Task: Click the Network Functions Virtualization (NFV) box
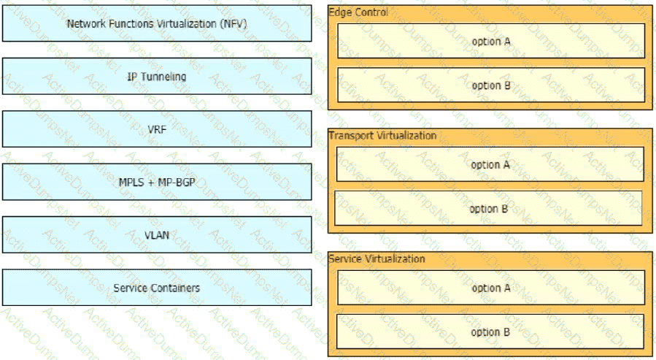[x=157, y=23]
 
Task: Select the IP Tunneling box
[x=157, y=76]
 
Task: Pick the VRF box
[x=157, y=129]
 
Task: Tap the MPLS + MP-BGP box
[x=157, y=182]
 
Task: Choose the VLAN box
[x=157, y=234]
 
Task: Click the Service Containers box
[x=157, y=288]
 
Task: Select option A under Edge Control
[x=491, y=41]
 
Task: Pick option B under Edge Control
[x=491, y=85]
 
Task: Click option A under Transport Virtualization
[x=490, y=164]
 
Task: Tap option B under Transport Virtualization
[x=488, y=208]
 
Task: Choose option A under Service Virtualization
[x=491, y=288]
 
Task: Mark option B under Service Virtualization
[x=490, y=332]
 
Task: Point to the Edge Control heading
[x=358, y=12]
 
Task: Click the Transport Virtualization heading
[x=382, y=136]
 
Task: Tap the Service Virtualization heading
[x=377, y=258]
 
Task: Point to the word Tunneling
[x=163, y=77]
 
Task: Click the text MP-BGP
[x=176, y=182]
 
